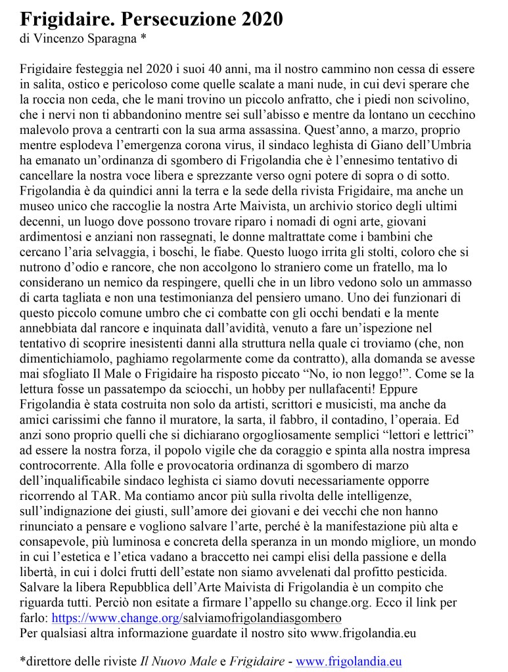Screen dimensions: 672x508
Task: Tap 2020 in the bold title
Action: [x=258, y=20]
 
